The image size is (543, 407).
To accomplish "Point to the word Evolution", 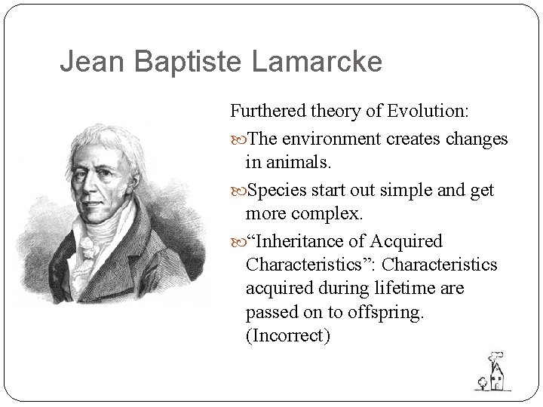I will point(429,112).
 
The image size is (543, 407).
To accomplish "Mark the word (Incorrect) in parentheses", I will point(288,336).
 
